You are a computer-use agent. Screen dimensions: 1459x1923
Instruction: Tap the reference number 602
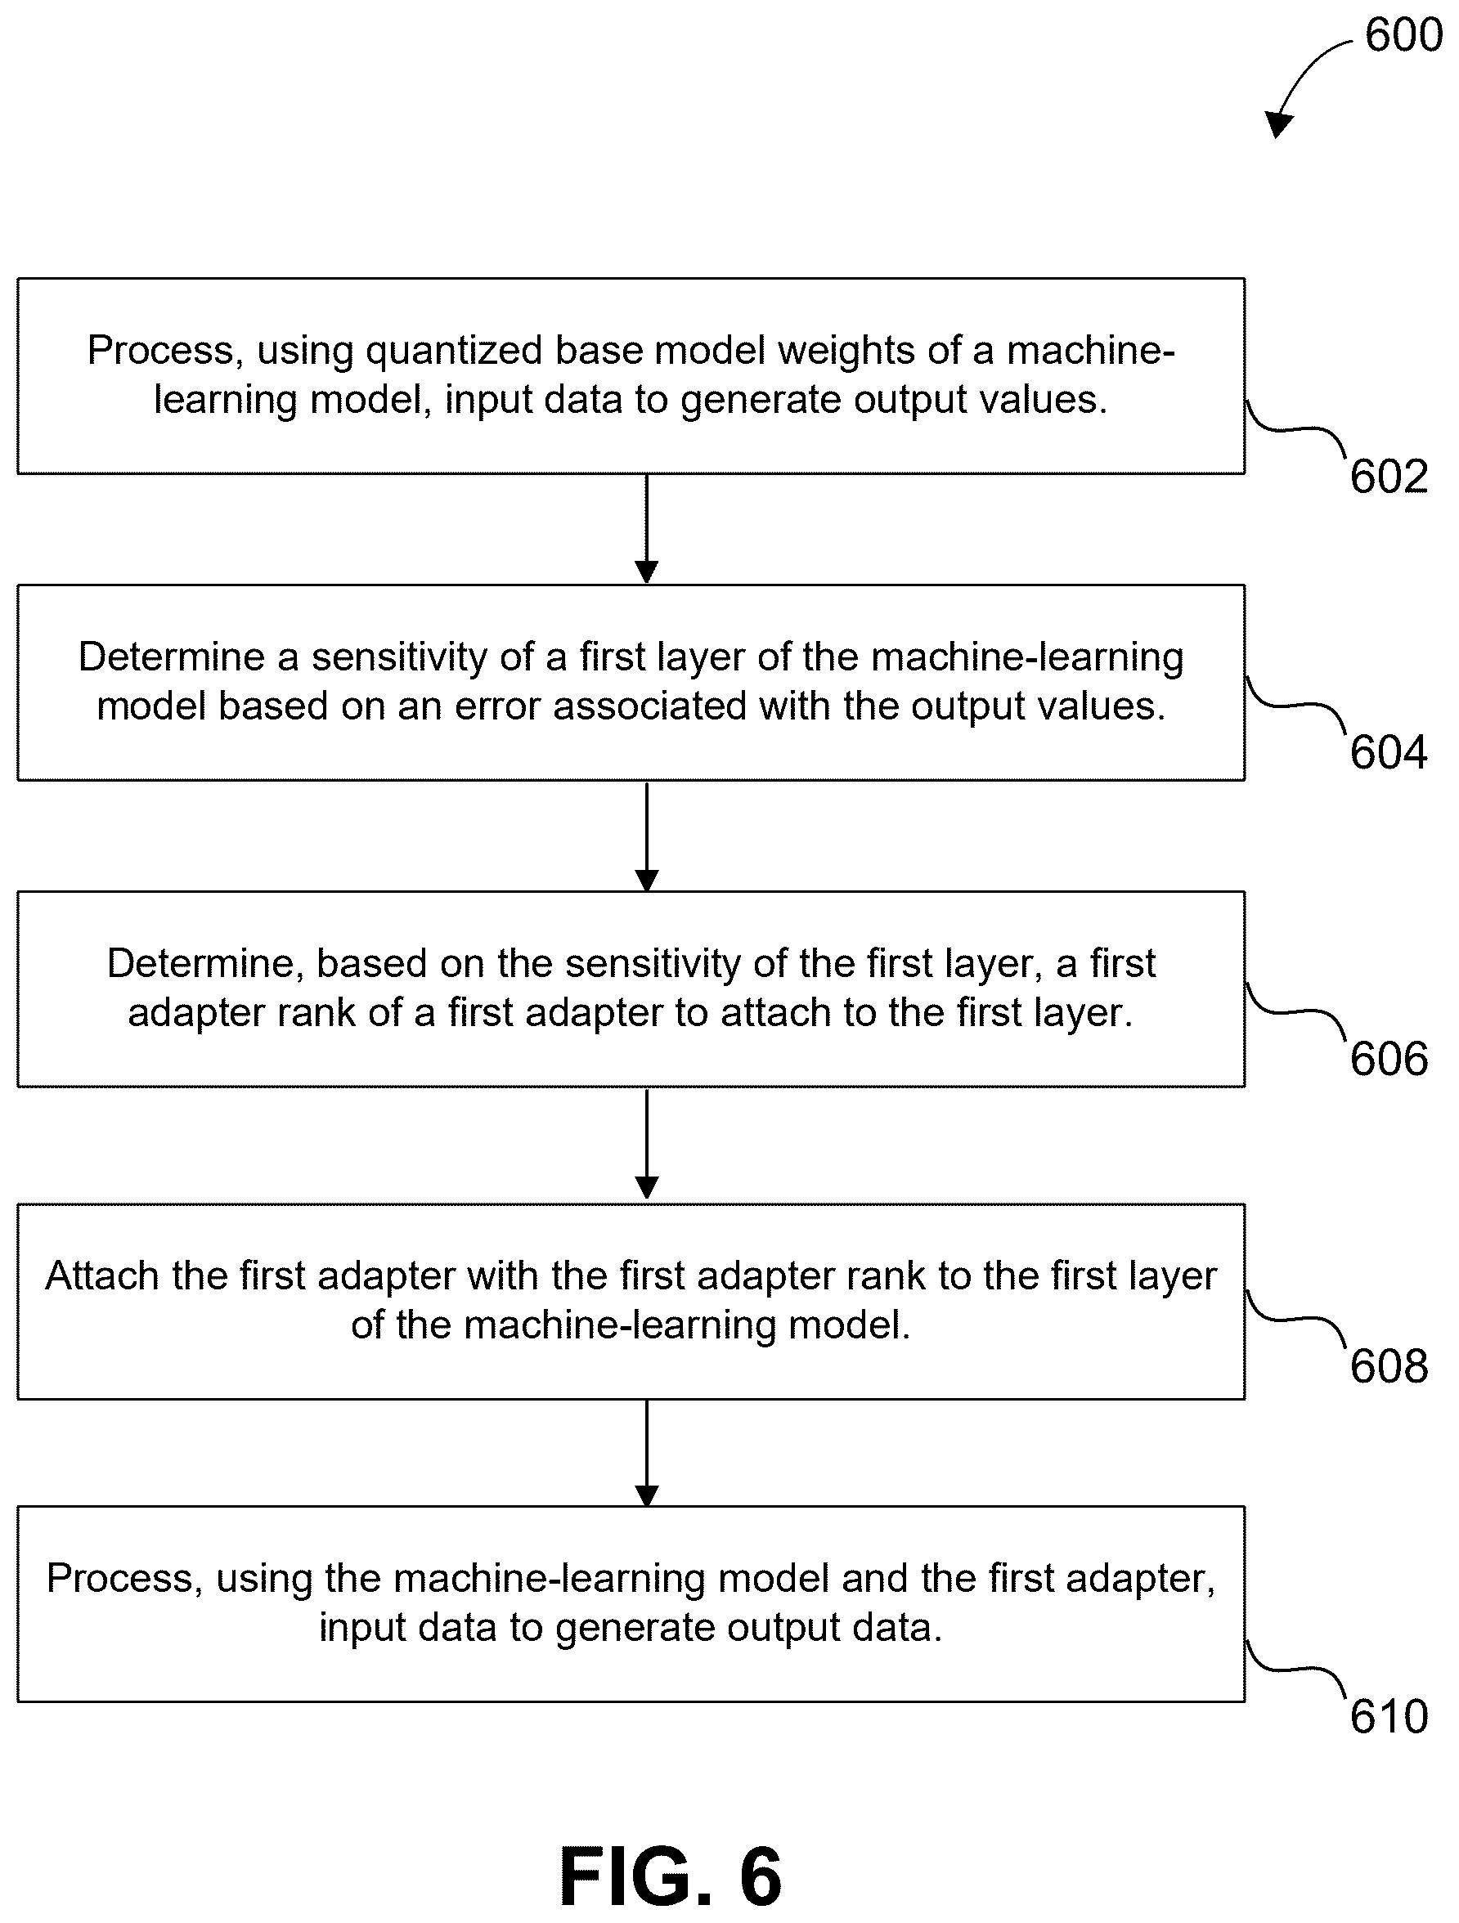[1389, 477]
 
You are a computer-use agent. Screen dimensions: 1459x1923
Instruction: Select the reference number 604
[1389, 752]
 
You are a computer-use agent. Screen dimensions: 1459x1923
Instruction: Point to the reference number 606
[1389, 1059]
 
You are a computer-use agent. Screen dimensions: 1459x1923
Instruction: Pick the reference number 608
[1389, 1365]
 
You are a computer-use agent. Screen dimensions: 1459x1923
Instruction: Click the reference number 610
[1389, 1717]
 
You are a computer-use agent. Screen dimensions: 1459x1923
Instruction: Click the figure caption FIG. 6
[671, 1877]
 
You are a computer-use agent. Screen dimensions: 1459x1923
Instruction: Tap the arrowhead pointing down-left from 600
[1278, 125]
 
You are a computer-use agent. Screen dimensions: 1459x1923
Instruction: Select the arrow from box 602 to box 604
[646, 528]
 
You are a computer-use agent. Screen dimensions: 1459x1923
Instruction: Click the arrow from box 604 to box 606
[646, 836]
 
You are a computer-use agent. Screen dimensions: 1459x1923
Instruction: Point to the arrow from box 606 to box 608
[646, 1144]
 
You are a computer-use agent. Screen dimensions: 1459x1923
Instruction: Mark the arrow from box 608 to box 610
[646, 1452]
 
